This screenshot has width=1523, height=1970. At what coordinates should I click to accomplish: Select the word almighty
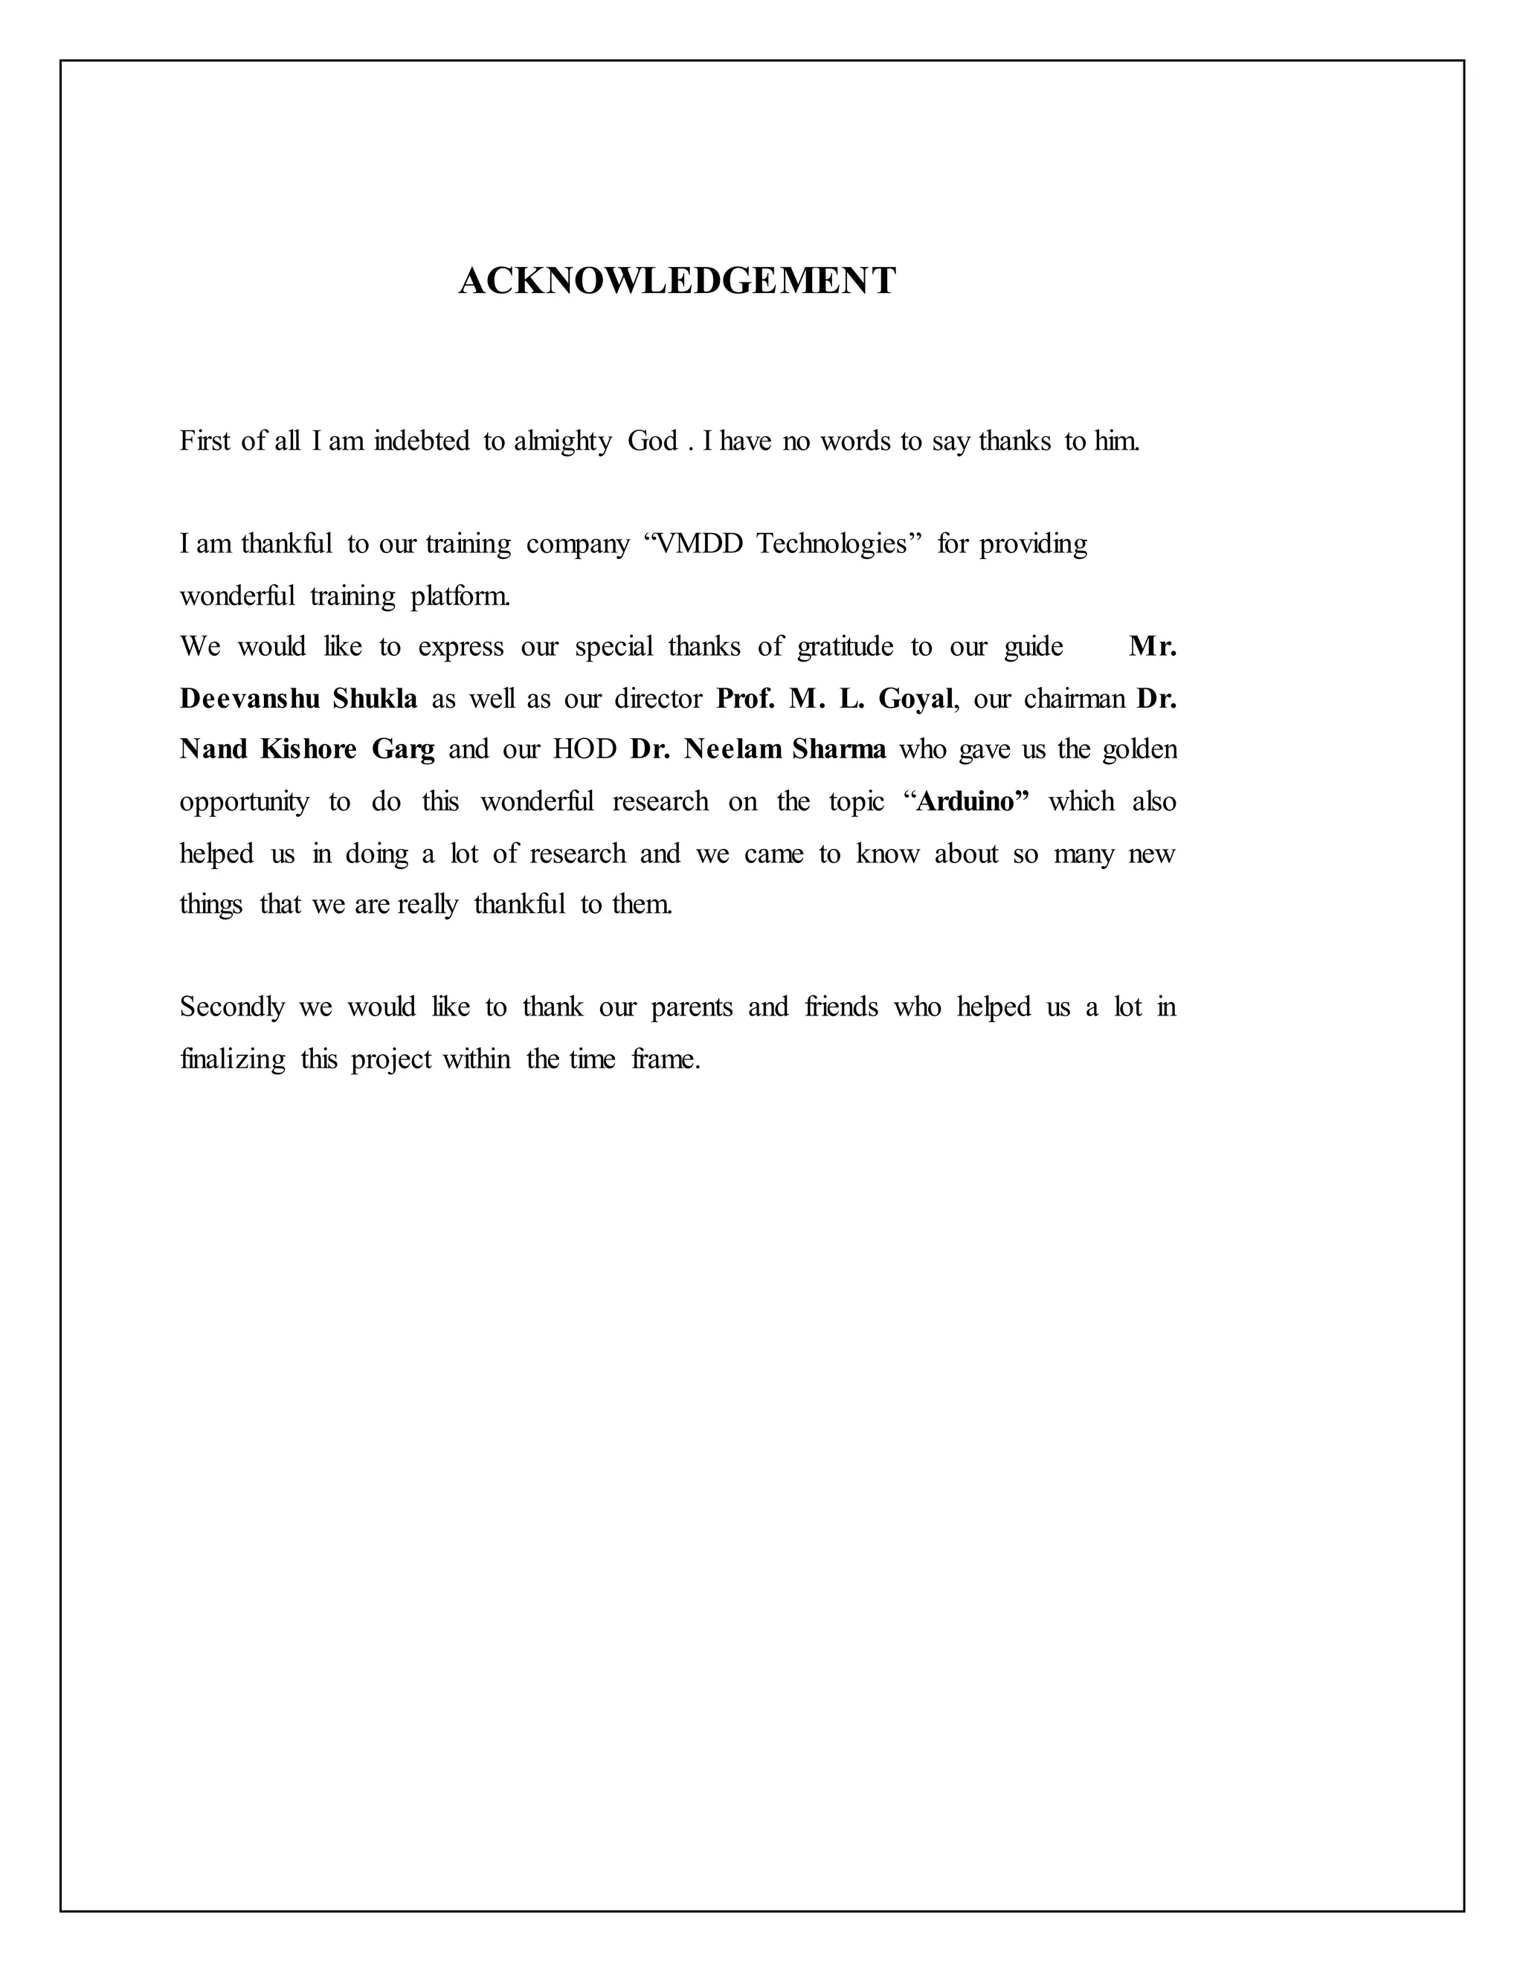click(x=562, y=442)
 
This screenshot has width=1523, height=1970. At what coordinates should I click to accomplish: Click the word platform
click(x=460, y=596)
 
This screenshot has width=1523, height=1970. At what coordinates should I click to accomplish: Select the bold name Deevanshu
click(x=250, y=699)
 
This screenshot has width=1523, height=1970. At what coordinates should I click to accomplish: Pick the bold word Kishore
click(x=309, y=749)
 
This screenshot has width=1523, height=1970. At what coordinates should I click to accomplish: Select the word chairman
click(x=1074, y=699)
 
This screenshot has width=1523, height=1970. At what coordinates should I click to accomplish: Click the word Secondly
click(x=232, y=1007)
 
